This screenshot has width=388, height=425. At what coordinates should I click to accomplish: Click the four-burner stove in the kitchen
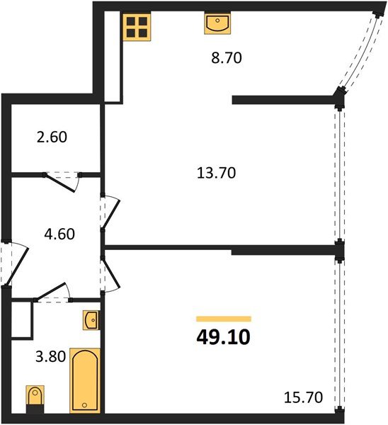tap(136, 28)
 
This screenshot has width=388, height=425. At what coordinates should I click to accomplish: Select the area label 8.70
tap(227, 59)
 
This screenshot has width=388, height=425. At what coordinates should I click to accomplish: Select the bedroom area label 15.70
tap(304, 399)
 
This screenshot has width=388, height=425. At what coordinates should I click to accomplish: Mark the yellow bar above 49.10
tap(223, 319)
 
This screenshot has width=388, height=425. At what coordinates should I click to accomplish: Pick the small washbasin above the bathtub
tap(91, 321)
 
